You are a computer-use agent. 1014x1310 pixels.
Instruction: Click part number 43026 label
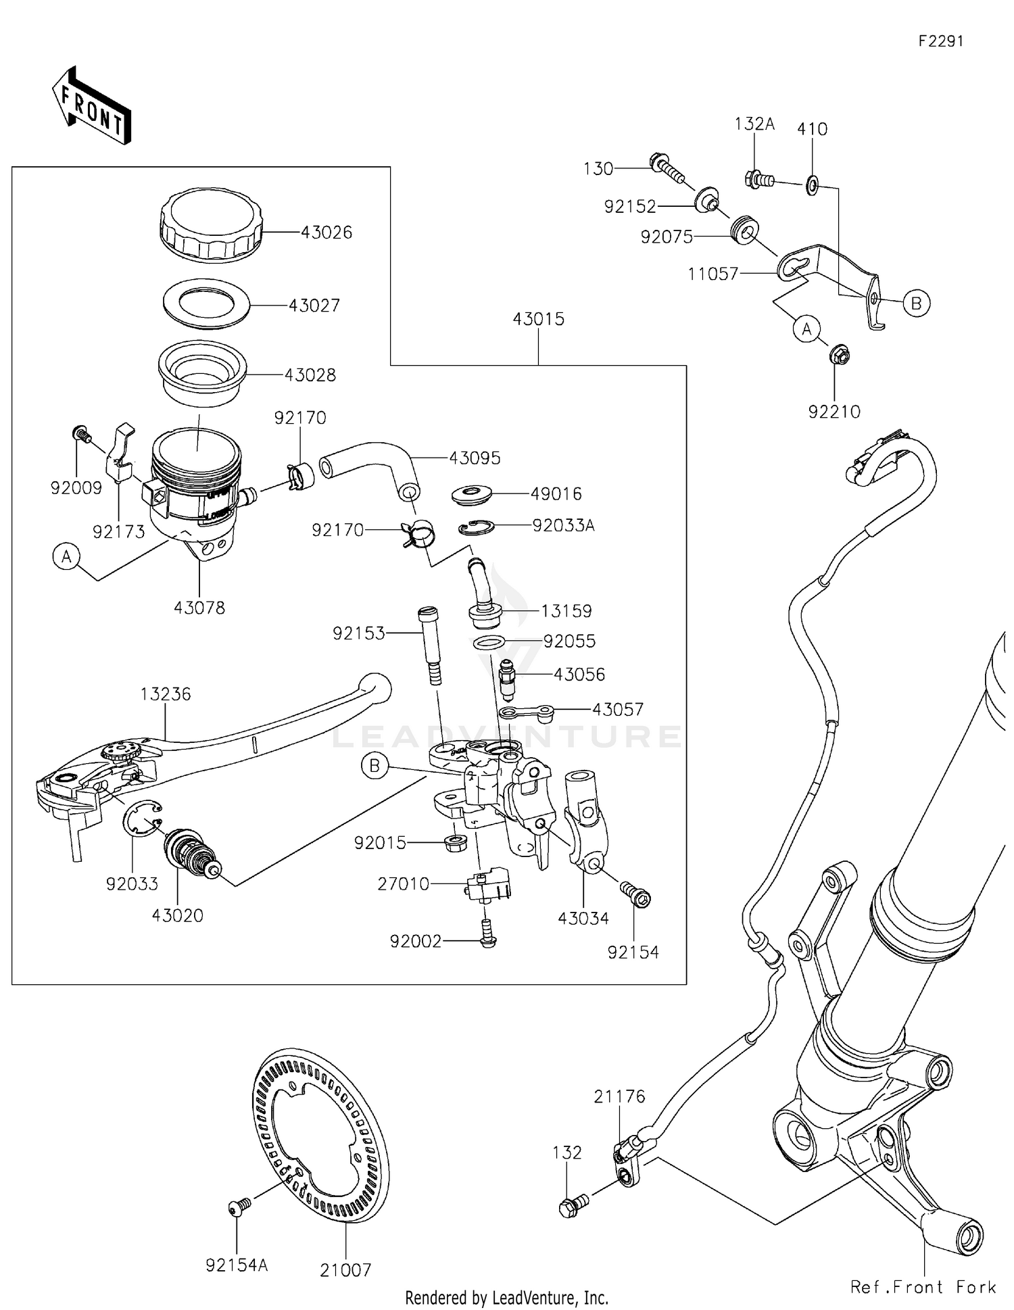pyautogui.click(x=327, y=233)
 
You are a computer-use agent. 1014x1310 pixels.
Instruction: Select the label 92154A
pyautogui.click(x=237, y=1265)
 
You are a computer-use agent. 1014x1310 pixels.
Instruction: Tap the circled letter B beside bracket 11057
pyautogui.click(x=916, y=304)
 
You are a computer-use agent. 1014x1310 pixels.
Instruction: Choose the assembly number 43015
pyautogui.click(x=538, y=319)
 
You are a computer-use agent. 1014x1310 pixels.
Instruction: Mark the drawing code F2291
pyautogui.click(x=940, y=41)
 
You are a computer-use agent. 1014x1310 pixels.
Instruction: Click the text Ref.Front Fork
pyautogui.click(x=923, y=1287)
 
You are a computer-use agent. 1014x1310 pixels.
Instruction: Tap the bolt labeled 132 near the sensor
pyautogui.click(x=571, y=1206)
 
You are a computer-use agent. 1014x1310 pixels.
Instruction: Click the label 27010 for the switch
pyautogui.click(x=404, y=884)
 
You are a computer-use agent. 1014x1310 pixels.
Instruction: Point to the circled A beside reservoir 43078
pyautogui.click(x=66, y=557)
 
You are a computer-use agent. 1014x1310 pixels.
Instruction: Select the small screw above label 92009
pyautogui.click(x=80, y=433)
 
